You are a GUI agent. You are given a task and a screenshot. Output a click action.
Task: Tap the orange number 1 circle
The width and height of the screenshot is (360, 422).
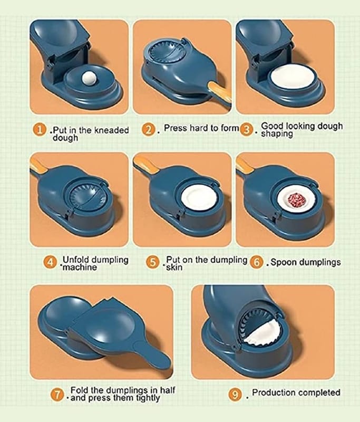[x=40, y=130]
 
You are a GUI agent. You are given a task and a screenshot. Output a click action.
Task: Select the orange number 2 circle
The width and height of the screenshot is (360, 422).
[x=148, y=130]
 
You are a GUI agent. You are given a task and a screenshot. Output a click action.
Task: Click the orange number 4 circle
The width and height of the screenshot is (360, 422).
[x=50, y=262]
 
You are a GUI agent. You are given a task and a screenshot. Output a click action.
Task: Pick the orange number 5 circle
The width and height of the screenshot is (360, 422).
[x=152, y=262]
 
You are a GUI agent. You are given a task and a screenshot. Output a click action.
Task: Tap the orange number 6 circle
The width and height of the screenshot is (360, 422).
[x=256, y=262]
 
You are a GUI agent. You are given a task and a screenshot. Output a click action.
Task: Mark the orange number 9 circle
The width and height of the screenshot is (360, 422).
[x=235, y=395]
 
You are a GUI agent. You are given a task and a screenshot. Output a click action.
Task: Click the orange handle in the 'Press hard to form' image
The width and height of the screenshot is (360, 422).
[x=220, y=93]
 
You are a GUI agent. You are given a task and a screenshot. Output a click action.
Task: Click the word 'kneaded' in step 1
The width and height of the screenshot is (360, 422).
[x=112, y=130]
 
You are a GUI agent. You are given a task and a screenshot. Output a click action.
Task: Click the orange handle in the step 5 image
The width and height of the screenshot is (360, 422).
[x=145, y=165]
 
